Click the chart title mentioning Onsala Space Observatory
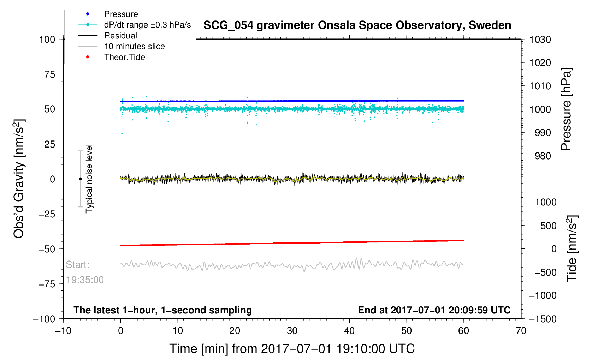point(357,25)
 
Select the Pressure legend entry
point(121,14)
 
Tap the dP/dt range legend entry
point(147,25)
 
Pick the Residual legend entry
point(120,36)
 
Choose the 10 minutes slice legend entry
point(134,46)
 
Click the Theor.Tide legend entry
point(124,57)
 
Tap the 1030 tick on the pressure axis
point(540,40)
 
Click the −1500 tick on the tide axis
point(543,319)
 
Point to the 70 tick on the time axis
point(521,331)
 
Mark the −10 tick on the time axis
point(63,331)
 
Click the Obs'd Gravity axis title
point(19,179)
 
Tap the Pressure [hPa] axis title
point(566,109)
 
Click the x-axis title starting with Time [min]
point(292,349)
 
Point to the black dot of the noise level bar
point(80,179)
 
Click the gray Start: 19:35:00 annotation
point(84,272)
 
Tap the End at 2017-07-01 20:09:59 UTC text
point(434,310)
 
